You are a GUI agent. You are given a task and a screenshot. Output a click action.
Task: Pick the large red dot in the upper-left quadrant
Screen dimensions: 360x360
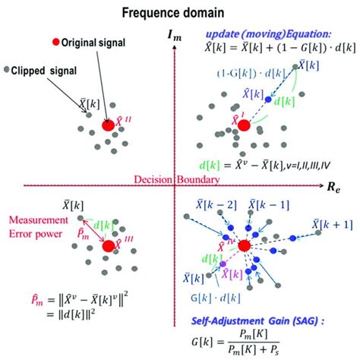108,125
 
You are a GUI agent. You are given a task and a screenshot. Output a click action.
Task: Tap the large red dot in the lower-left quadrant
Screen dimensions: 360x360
107,245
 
